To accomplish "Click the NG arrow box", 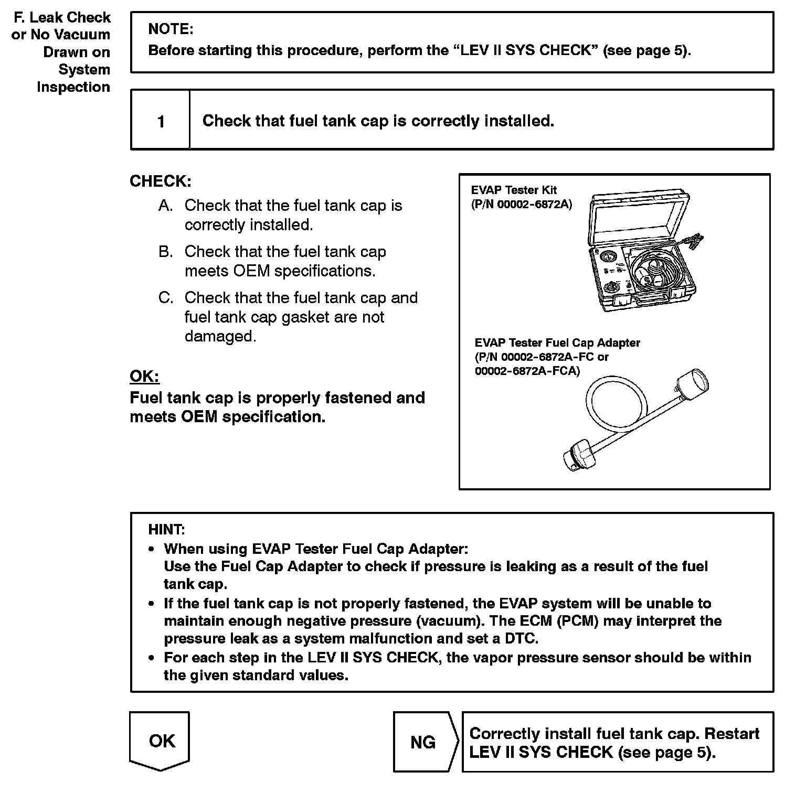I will click(424, 742).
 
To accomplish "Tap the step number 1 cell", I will click(161, 122).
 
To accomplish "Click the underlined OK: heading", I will click(144, 376).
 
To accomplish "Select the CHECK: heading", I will click(160, 181).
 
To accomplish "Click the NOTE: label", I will click(171, 29).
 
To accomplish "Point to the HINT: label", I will click(166, 529).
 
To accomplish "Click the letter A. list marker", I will click(165, 206).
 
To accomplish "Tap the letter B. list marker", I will click(165, 252).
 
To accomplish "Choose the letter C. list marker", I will click(165, 298).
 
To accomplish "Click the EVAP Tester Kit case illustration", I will click(640, 252).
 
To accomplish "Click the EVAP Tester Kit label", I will click(514, 190).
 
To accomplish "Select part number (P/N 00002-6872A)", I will click(521, 204).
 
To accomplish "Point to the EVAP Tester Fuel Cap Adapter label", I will click(557, 343).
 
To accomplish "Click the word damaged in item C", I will click(220, 336).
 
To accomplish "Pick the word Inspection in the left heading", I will click(73, 87).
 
